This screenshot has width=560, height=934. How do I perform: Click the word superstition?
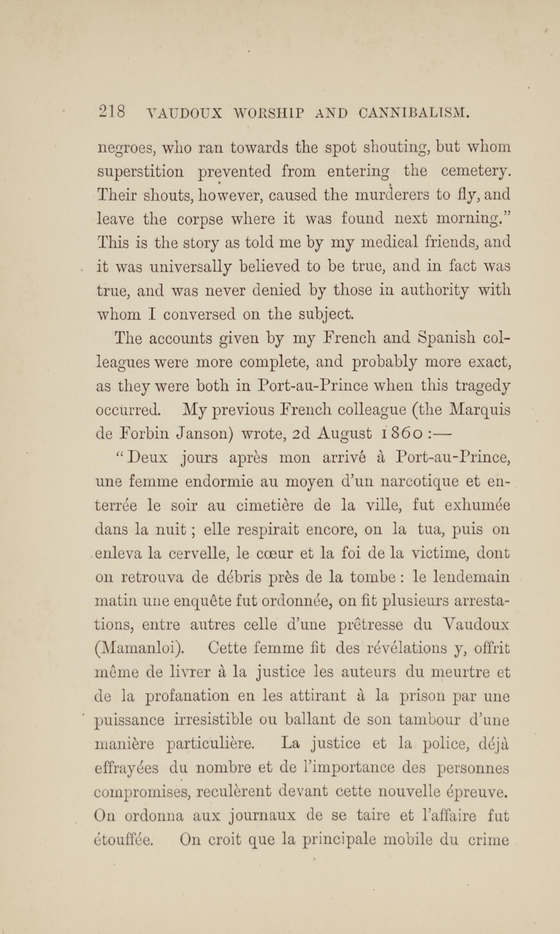[x=141, y=172]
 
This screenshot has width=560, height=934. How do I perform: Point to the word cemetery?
[x=475, y=172]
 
